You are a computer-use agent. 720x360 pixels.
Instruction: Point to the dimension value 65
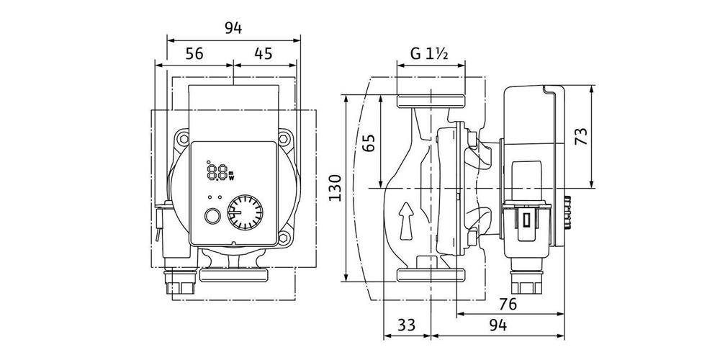(x=369, y=141)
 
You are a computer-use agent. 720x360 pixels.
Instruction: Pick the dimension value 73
(x=581, y=136)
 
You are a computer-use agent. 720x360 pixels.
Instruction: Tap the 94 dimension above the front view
(x=232, y=28)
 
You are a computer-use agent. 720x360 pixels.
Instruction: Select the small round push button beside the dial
(x=213, y=216)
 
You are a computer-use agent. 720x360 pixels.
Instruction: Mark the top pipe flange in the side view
(x=431, y=99)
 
